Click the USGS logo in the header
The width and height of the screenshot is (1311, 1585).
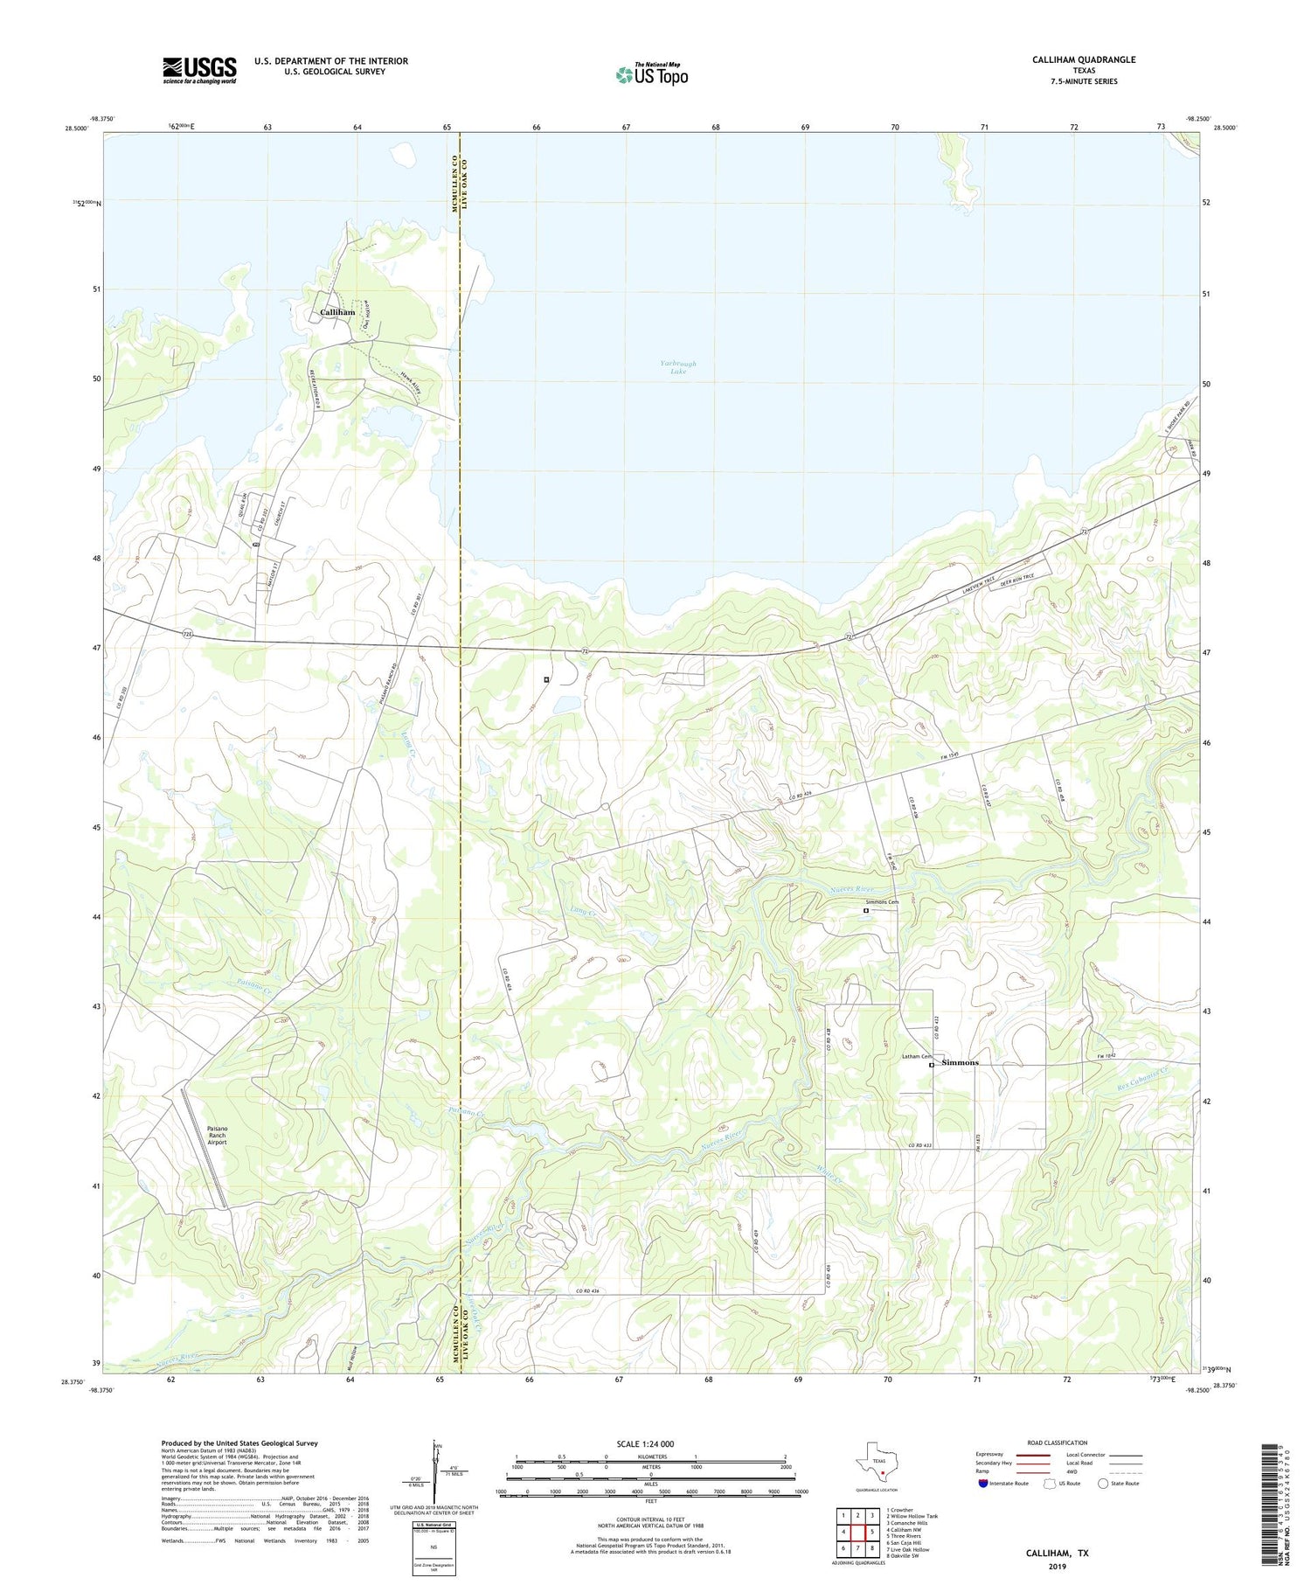[199, 70]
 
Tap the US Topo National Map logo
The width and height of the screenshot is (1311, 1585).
[651, 74]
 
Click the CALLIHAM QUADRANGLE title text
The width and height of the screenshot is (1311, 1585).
[1083, 59]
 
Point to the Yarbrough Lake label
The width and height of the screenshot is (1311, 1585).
[678, 367]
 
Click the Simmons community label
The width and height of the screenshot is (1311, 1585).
[960, 1062]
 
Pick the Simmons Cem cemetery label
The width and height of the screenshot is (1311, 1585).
[882, 901]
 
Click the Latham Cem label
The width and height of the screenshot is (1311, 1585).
[915, 1057]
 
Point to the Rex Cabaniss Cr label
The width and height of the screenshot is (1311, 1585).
[1136, 1077]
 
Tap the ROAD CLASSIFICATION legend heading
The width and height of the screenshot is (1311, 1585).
[1057, 1442]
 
